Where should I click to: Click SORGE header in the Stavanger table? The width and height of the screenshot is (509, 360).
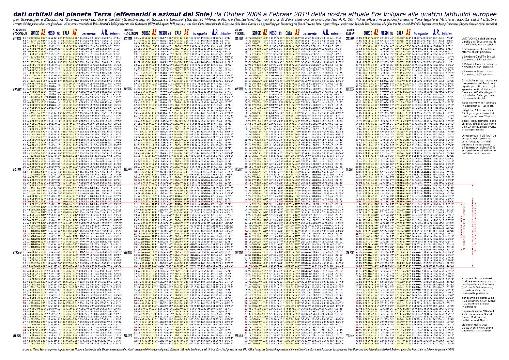tap(34, 33)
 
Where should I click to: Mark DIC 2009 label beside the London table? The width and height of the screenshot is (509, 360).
tap(128, 169)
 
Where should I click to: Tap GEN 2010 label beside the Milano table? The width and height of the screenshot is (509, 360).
tap(239, 253)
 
